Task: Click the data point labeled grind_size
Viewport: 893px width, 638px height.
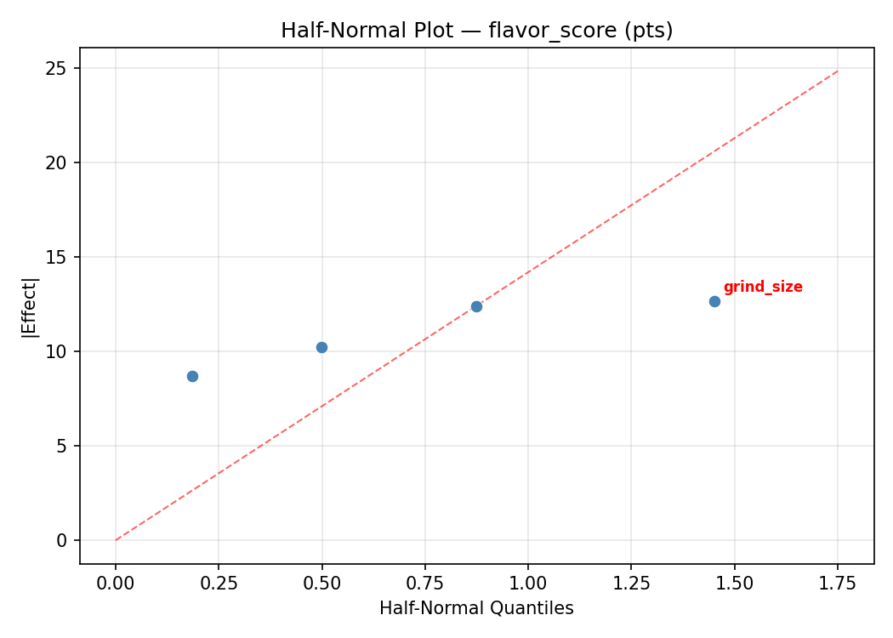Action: (714, 301)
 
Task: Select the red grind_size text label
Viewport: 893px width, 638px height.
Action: (763, 288)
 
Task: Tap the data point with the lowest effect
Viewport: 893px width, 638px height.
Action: (192, 376)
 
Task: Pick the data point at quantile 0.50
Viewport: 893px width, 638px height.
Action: (321, 347)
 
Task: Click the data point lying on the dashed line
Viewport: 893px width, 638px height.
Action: (476, 306)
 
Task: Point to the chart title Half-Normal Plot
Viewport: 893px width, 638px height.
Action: (476, 31)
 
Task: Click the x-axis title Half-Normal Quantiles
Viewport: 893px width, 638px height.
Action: (476, 608)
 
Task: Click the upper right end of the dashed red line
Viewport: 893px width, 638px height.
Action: (837, 71)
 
